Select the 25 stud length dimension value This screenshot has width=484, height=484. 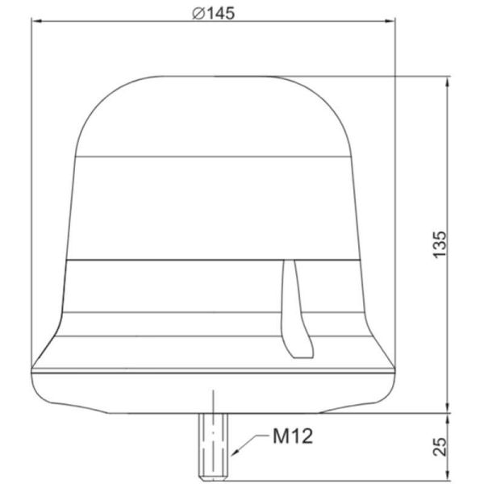439,446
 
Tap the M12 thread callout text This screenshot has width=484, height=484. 293,437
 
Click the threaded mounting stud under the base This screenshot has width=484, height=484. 214,444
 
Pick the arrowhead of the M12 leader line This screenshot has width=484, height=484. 232,454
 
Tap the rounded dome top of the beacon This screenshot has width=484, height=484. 214,113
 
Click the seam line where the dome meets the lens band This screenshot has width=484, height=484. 214,156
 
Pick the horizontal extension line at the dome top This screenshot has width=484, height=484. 403,76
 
